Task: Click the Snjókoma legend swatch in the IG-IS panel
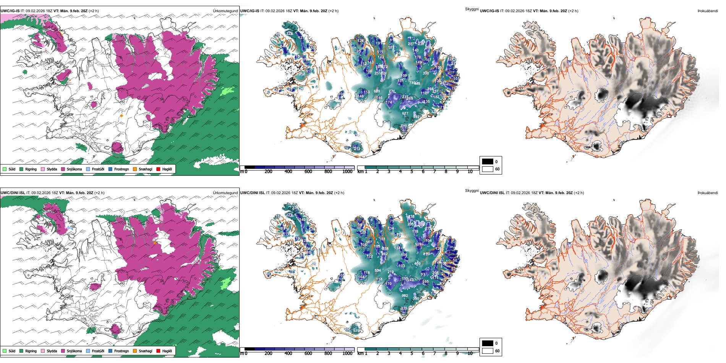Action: click(x=63, y=169)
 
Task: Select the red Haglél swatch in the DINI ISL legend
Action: click(x=158, y=351)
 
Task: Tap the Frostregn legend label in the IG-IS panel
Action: click(x=122, y=169)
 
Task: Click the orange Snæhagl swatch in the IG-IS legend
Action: click(x=135, y=169)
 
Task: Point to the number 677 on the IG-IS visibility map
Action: click(x=405, y=113)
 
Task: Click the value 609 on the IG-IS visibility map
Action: click(x=377, y=91)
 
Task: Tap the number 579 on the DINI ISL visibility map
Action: click(x=356, y=331)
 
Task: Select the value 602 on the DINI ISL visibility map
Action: click(x=405, y=296)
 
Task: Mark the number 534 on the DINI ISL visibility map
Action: click(x=378, y=271)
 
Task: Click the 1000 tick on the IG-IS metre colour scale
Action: click(x=347, y=172)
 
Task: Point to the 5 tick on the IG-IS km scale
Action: click(x=412, y=172)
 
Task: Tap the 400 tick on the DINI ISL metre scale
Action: click(x=288, y=353)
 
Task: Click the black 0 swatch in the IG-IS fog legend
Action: click(x=488, y=162)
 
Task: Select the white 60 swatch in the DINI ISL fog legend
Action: click(x=488, y=351)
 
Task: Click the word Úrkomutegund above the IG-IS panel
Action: click(x=225, y=11)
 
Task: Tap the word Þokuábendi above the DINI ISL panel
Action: click(x=708, y=193)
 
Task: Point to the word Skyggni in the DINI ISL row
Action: click(x=472, y=190)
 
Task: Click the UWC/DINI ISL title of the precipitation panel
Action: click(x=13, y=193)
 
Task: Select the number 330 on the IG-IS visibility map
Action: click(x=426, y=73)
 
